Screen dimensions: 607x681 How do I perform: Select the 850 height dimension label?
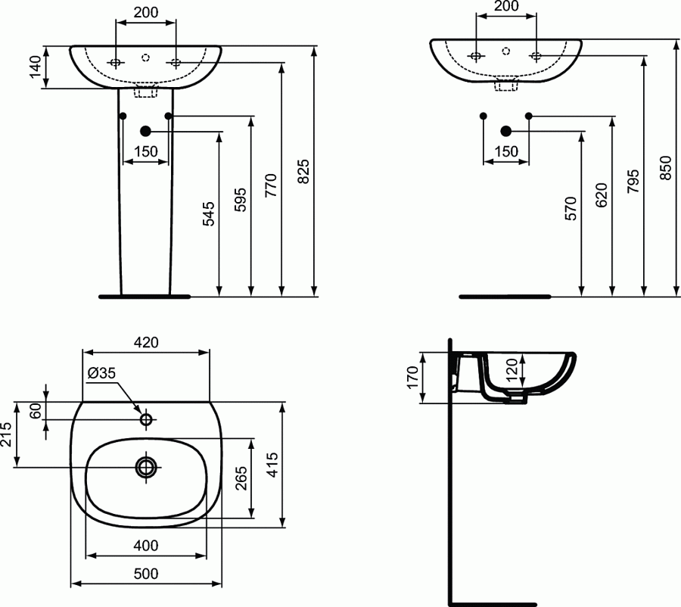665,169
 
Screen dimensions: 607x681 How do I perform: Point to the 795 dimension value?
633,182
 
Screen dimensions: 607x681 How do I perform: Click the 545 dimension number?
210,214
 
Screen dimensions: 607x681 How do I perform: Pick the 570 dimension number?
571,209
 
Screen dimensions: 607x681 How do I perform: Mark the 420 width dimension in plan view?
146,342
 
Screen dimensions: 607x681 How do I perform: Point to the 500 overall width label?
146,574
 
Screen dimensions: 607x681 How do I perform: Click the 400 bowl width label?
145,545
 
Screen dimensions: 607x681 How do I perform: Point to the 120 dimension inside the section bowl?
511,370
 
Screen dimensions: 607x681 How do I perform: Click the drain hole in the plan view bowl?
145,467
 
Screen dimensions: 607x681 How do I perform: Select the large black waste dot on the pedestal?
145,131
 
